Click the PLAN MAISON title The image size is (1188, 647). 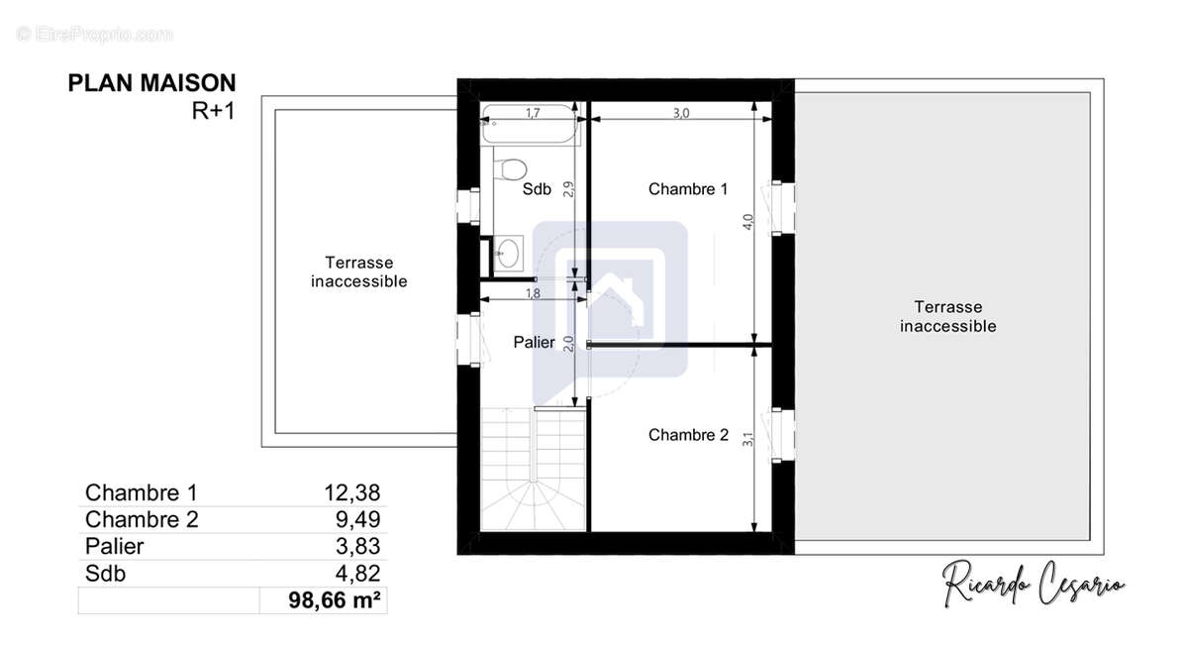point(151,83)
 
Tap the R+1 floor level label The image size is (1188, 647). point(213,111)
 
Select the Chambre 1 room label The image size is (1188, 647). point(688,189)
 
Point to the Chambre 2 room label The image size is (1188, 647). point(688,435)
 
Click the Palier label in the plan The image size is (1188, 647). point(534,342)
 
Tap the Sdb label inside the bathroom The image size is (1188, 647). point(537,189)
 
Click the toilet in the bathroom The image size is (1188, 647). point(510,168)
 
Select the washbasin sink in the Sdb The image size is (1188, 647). point(508,254)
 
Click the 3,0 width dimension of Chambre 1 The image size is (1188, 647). point(681,113)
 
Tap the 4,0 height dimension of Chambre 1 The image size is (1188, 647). point(747,221)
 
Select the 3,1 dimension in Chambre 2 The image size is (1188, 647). point(747,439)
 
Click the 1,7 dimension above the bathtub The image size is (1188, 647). point(533,113)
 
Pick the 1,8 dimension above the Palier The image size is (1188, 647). point(533,293)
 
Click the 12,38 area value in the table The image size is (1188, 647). point(352,493)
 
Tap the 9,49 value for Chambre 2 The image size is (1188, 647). point(358,519)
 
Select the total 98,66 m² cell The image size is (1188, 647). point(324,600)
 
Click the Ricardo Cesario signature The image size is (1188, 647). point(1033,584)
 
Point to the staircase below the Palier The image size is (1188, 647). point(534,470)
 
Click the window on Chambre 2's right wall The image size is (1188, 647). point(780,435)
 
